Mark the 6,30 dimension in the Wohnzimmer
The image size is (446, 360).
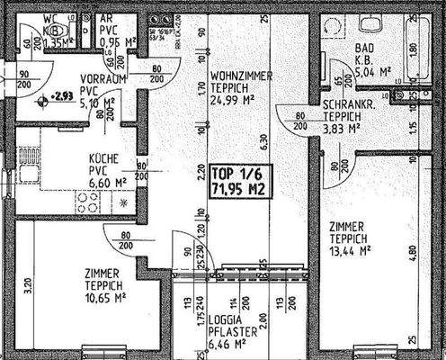pyautogui.click(x=263, y=140)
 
